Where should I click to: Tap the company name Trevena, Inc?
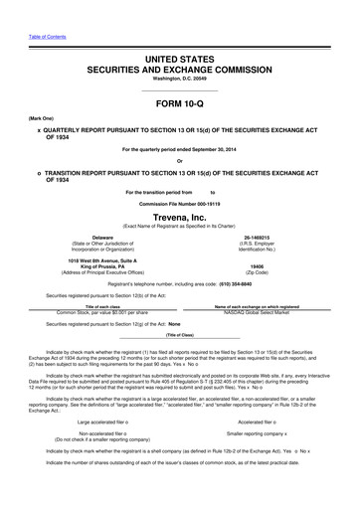click(179, 214)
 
